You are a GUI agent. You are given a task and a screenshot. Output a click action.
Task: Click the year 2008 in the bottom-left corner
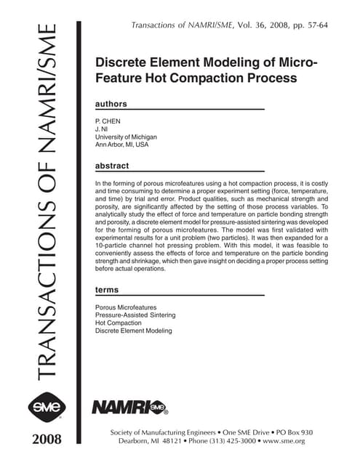click(x=42, y=440)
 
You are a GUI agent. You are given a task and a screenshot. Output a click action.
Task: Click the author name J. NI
click(x=103, y=128)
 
